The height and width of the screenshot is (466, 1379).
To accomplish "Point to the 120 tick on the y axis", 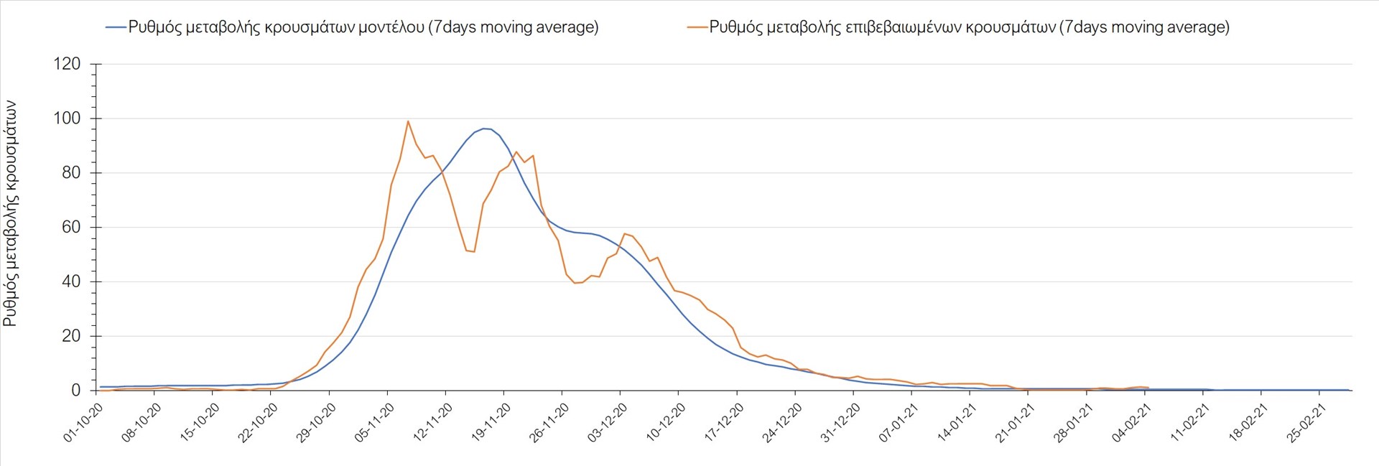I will point(67,64).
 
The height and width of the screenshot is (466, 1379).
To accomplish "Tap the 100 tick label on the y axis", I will point(67,118).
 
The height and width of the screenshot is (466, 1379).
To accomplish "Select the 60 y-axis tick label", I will point(71,228).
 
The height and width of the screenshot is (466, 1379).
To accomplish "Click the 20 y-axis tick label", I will point(71,336).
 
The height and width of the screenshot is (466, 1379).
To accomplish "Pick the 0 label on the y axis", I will point(75,391).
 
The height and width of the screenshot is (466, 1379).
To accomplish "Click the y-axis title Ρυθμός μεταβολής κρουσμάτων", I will point(10,213).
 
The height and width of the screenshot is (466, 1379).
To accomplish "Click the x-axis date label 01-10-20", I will point(83,422).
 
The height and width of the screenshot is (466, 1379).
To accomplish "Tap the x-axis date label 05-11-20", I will point(374,422).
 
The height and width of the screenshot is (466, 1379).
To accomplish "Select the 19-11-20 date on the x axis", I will point(491,422).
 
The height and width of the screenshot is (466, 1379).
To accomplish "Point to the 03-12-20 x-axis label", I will point(608,422).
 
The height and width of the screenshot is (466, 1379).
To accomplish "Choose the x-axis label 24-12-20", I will point(782,422).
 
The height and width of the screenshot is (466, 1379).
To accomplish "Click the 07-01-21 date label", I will point(899,422).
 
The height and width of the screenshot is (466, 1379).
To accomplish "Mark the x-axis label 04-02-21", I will point(1131,422).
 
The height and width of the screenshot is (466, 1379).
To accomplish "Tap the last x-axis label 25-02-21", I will point(1306,422).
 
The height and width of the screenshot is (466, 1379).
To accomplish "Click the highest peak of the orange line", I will point(408,121).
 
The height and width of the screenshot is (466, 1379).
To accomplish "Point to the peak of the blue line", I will point(485,129).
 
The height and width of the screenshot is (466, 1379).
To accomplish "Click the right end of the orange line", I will point(1148,388).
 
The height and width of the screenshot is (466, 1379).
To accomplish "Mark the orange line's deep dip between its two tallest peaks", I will point(473,252).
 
